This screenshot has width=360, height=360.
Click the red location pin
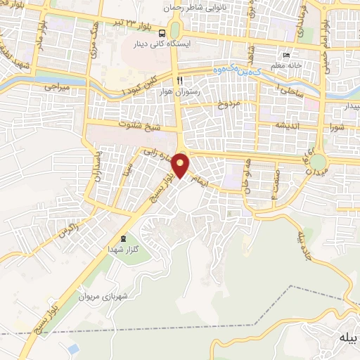[x=181, y=165]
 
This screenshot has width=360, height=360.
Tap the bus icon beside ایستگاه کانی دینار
[x=162, y=32]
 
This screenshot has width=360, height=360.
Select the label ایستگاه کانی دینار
[x=163, y=44]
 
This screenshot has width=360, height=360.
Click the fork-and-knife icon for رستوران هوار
[x=181, y=80]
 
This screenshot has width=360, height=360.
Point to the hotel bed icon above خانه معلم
[x=285, y=56]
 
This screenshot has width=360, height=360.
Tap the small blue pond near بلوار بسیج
[x=74, y=349]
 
